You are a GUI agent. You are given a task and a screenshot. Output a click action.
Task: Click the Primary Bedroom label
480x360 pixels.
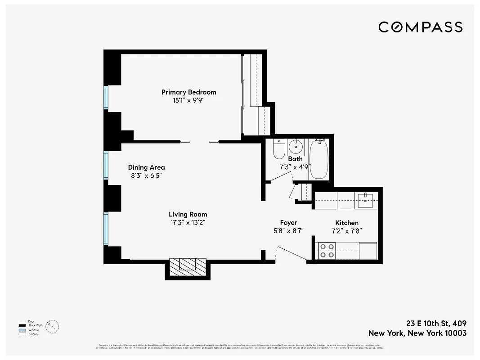[x=188, y=92]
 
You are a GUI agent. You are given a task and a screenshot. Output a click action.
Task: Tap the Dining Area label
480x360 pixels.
[x=146, y=167]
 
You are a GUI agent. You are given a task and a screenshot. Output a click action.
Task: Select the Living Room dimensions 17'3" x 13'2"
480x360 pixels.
[x=188, y=222]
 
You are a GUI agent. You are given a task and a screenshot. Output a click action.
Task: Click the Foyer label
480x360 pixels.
[x=288, y=223]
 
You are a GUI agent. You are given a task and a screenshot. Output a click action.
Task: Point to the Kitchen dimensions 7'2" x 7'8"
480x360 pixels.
[x=347, y=231]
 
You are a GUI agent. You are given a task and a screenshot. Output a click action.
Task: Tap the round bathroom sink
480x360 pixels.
[x=296, y=146]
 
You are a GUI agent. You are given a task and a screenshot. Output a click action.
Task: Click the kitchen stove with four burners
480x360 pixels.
[x=327, y=250]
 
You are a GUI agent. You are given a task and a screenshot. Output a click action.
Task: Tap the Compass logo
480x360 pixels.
[x=420, y=27]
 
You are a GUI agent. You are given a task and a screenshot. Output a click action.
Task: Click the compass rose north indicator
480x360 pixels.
[x=53, y=326]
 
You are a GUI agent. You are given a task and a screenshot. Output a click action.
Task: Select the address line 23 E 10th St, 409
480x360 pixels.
[x=436, y=324]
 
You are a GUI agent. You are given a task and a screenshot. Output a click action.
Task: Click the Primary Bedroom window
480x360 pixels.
[x=107, y=97]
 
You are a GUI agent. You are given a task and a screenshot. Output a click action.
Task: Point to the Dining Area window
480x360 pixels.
[x=107, y=165]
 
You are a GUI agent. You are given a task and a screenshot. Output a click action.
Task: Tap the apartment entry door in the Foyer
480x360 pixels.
[x=291, y=253]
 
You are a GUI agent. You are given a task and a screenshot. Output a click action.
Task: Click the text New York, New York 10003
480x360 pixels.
[x=417, y=333]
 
